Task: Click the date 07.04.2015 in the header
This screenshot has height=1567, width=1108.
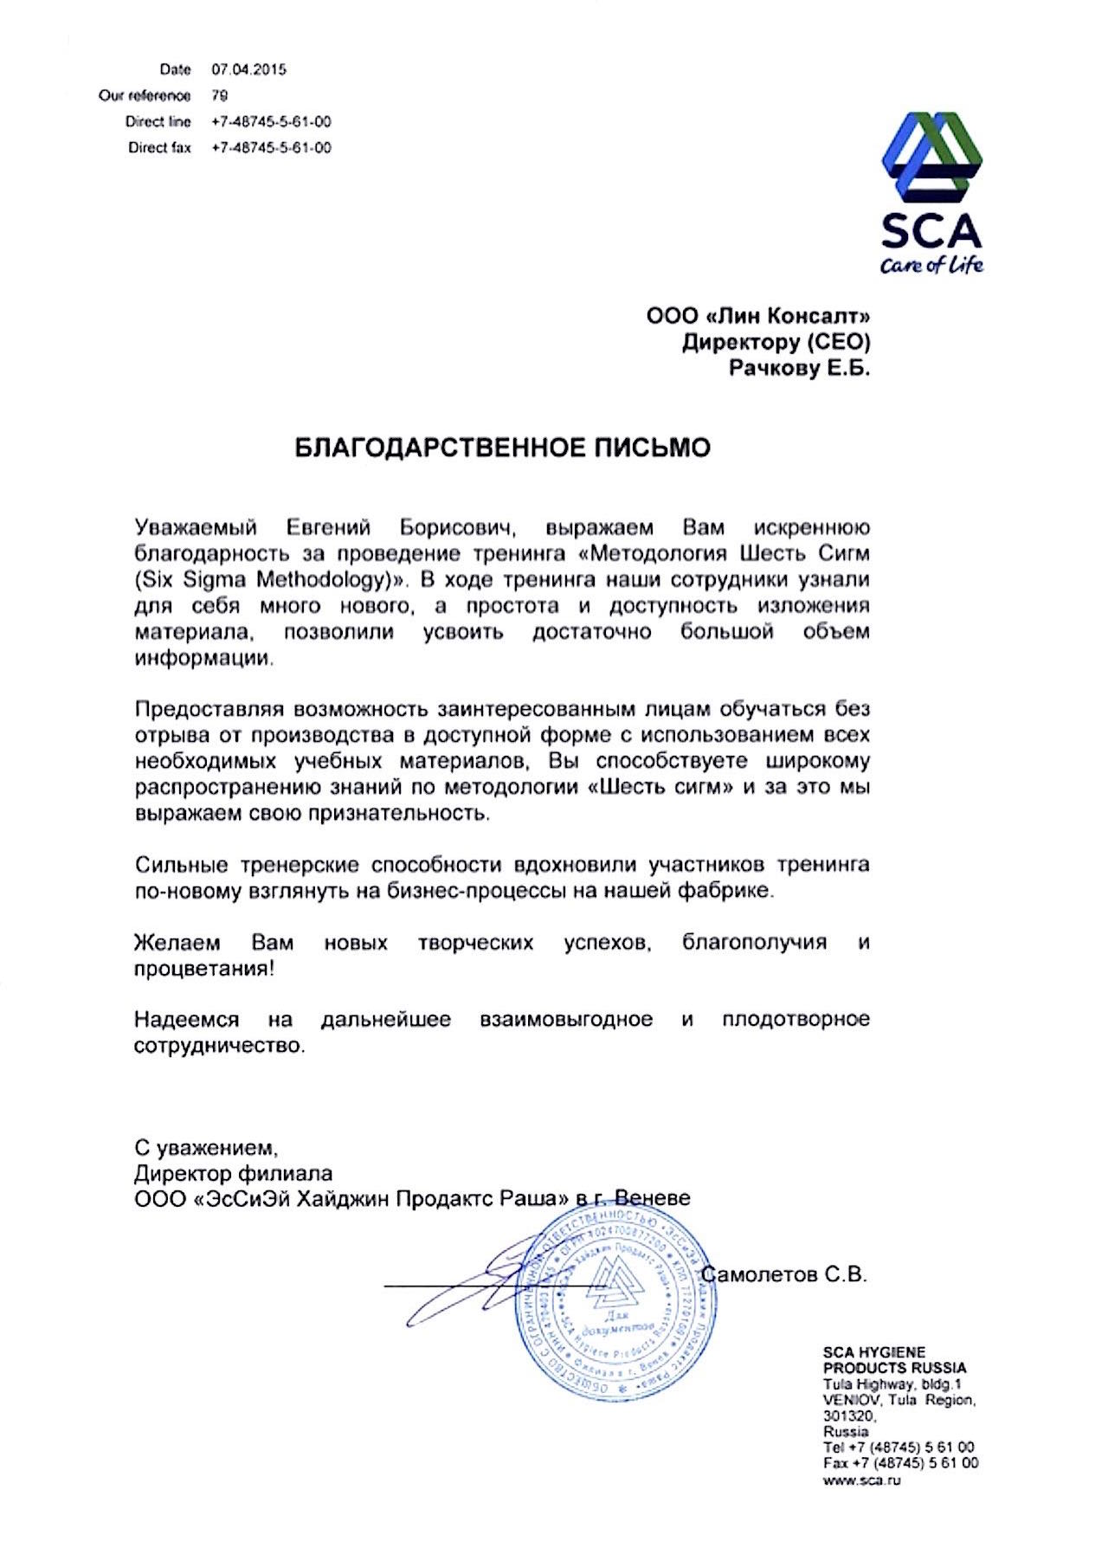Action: [x=248, y=69]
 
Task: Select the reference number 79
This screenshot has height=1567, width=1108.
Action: [x=220, y=95]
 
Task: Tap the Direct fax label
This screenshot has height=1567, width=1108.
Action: [x=159, y=148]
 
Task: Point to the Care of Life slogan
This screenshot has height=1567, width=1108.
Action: [x=931, y=265]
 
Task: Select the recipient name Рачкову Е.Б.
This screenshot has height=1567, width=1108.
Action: [x=799, y=369]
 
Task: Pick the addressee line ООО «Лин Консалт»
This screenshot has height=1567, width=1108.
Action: [x=758, y=316]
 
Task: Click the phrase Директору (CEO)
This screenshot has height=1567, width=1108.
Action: [x=776, y=343]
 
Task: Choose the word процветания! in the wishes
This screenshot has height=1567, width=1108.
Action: [x=203, y=968]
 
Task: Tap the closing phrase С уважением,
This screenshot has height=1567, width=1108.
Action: [x=206, y=1148]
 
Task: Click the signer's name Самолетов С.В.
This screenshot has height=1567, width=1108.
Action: [x=785, y=1274]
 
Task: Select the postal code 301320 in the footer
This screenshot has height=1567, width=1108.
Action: [x=848, y=1416]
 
